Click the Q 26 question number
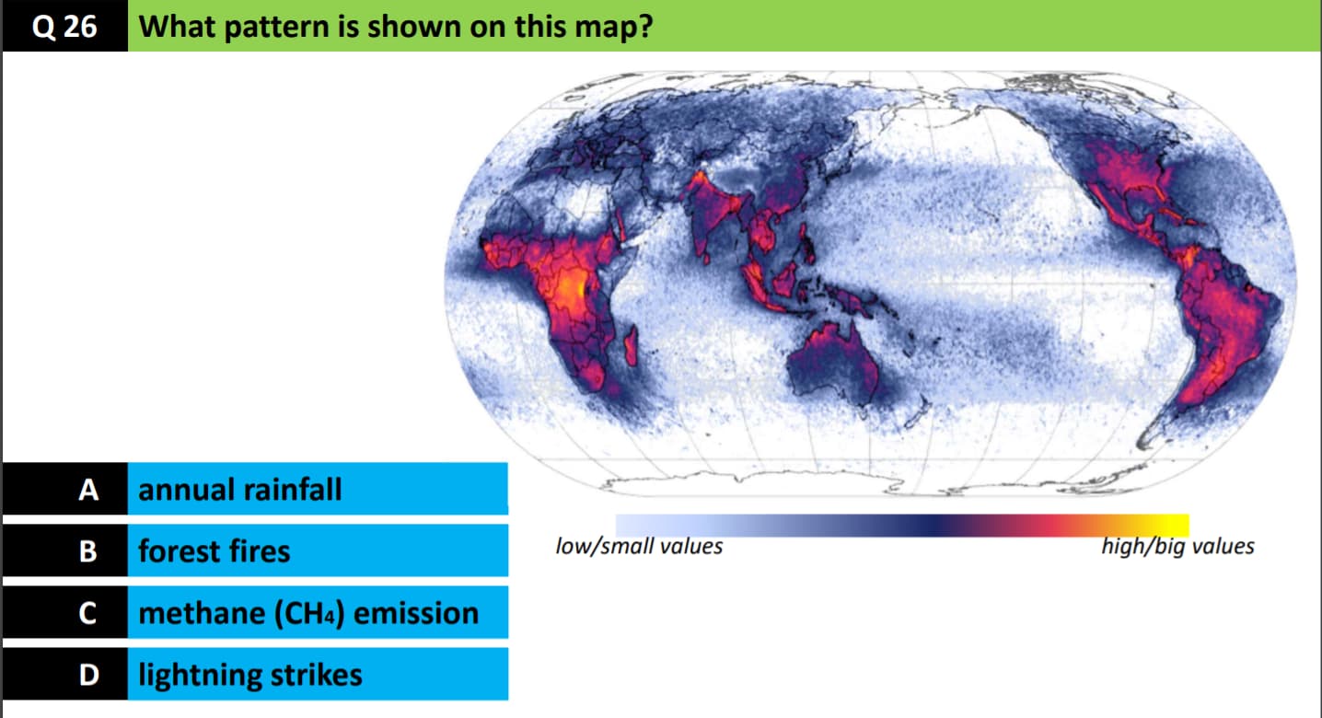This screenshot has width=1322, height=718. click(x=64, y=27)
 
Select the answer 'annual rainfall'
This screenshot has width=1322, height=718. click(x=239, y=490)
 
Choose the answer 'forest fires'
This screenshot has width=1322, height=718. click(x=214, y=551)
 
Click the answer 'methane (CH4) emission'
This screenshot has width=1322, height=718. click(x=308, y=613)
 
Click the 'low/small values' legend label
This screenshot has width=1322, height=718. click(x=639, y=547)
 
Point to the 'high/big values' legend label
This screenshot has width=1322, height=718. click(x=1178, y=547)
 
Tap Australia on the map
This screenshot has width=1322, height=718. click(x=833, y=362)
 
